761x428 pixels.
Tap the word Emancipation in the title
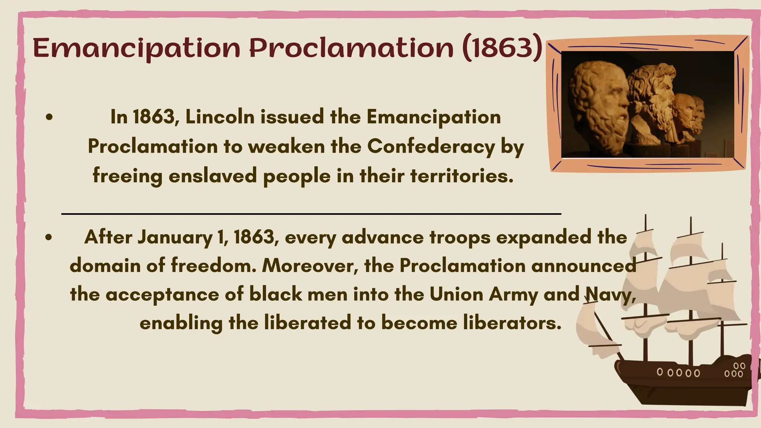click(137, 49)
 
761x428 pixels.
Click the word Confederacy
click(431, 146)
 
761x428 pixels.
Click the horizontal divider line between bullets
click(311, 214)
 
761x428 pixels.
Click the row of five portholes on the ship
click(678, 372)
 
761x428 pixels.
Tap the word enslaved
click(213, 176)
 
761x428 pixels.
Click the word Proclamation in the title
click(352, 49)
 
